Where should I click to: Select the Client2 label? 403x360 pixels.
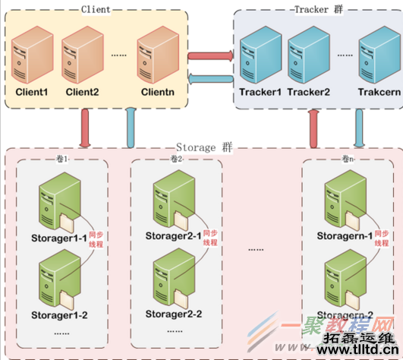(x=82, y=93)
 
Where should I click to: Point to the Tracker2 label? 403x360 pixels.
(x=309, y=93)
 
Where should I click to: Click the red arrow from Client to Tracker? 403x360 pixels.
(x=209, y=55)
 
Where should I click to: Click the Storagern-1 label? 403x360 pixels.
(x=345, y=236)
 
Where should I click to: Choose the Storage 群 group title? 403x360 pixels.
(x=203, y=146)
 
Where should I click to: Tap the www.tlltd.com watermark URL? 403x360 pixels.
(x=356, y=351)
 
